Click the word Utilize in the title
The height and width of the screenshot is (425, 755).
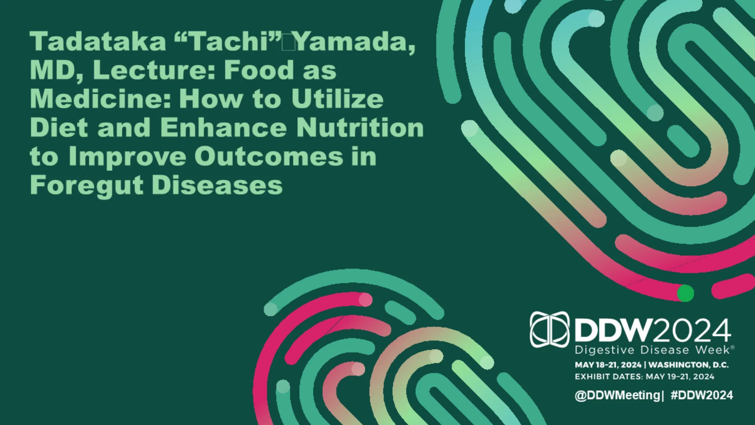(x=337, y=99)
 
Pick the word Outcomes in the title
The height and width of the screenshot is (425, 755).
(x=269, y=157)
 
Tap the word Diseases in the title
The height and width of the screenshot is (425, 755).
(x=217, y=185)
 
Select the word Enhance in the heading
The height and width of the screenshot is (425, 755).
(x=223, y=128)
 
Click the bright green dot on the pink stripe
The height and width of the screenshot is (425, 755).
(x=685, y=293)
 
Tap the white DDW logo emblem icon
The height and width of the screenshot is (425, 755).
(x=549, y=329)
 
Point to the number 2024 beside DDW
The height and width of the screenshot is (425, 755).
(x=692, y=330)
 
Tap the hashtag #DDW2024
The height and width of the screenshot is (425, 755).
(x=702, y=395)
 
